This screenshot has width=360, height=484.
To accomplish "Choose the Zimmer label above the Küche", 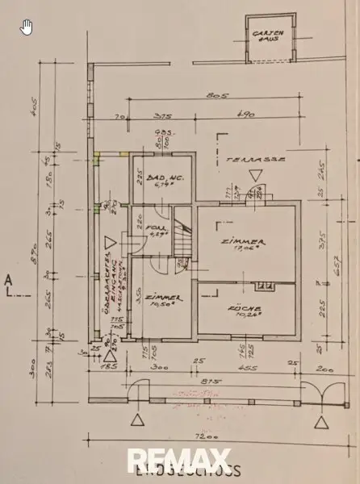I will point(247,244).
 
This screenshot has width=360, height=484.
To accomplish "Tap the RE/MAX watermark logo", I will point(180,462).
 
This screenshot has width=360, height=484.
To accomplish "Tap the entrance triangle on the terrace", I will point(255,174).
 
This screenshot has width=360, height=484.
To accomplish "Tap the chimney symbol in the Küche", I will point(262,286).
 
